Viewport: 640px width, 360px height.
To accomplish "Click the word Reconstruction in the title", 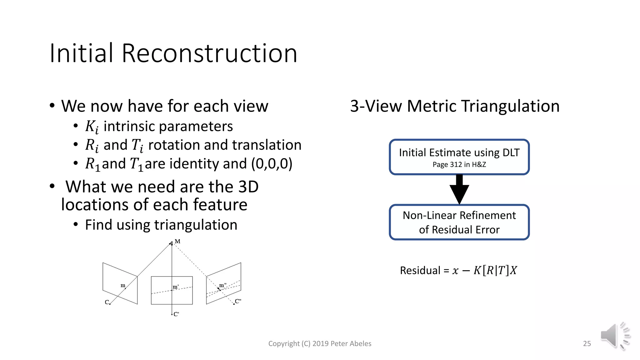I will click(209, 53).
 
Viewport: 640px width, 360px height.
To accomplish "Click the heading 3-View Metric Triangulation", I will click(455, 106).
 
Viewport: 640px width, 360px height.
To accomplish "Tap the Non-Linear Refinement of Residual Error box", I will click(459, 222).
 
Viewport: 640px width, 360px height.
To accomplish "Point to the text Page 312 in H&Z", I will click(459, 165).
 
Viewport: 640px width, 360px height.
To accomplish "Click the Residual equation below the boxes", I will click(458, 270).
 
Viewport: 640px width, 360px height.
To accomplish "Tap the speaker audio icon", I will click(614, 336).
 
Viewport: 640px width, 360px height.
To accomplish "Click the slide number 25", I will click(587, 343).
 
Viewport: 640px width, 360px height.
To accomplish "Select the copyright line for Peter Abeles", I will click(320, 343).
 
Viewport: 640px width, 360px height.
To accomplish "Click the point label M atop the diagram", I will click(177, 241).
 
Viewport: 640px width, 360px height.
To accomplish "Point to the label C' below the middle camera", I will click(176, 314).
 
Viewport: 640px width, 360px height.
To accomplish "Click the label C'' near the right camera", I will click(238, 301).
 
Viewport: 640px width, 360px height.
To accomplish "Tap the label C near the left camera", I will click(107, 302).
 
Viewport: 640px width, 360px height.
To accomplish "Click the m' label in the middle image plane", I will click(176, 287).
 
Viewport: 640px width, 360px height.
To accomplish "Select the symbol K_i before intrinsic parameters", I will click(92, 127).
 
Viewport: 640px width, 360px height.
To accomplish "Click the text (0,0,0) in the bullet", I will click(272, 164).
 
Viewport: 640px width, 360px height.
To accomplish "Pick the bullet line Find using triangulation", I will click(161, 225).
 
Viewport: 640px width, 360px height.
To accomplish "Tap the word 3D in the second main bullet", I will click(248, 187).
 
